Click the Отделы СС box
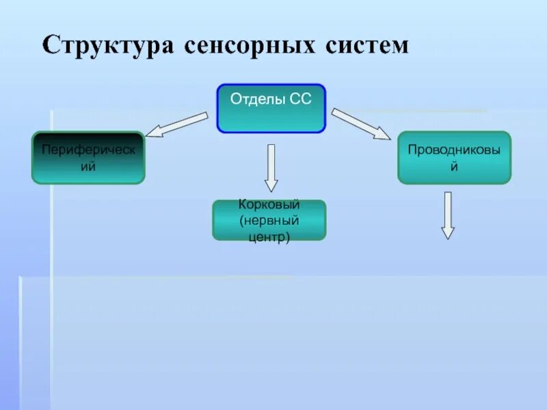click(271, 108)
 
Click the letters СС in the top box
click(300, 99)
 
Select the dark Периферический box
click(88, 157)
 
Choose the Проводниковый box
click(454, 157)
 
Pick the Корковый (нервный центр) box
click(269, 220)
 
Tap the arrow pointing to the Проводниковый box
click(360, 124)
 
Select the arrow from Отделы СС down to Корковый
click(271, 167)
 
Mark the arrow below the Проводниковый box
click(448, 215)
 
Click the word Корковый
click(269, 205)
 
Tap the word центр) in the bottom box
click(269, 237)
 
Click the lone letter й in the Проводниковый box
click(453, 165)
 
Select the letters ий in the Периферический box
click(88, 166)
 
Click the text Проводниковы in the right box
click(454, 149)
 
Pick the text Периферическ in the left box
click(88, 148)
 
